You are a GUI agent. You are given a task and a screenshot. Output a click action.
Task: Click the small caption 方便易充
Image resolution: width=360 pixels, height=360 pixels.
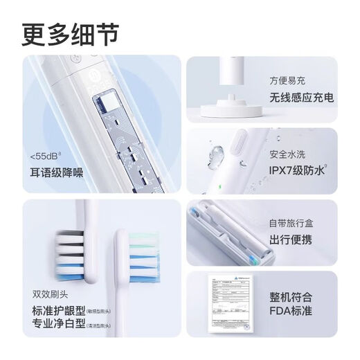pos(287,80)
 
